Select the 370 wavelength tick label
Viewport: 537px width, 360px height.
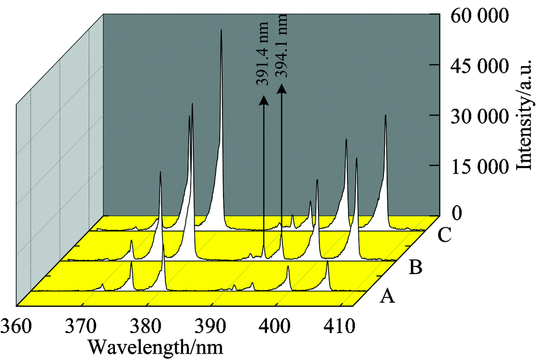click(x=80, y=325)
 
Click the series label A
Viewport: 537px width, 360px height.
click(x=387, y=295)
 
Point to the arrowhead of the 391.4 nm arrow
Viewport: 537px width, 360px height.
click(x=263, y=99)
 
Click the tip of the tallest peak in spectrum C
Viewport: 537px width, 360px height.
click(x=221, y=31)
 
